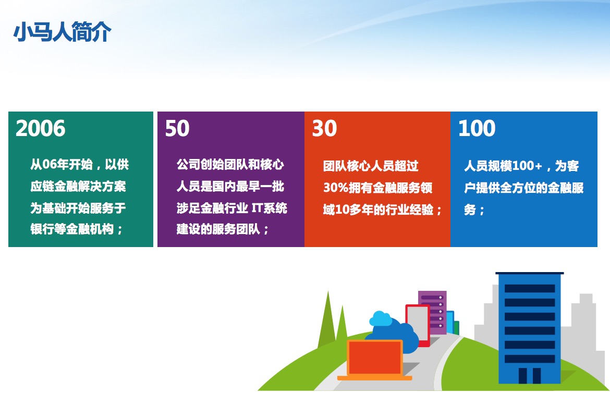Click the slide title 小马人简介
(x=62, y=31)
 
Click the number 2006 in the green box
(x=41, y=128)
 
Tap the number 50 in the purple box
(x=177, y=128)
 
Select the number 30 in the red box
(x=324, y=128)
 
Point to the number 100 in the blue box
(x=477, y=128)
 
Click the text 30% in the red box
(x=335, y=188)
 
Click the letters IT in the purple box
(x=257, y=208)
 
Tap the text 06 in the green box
(x=49, y=164)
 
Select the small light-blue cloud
(x=381, y=318)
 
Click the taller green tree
(x=327, y=320)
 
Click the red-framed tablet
(x=418, y=325)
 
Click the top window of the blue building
(x=530, y=288)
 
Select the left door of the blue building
(x=523, y=376)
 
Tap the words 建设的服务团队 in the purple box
(x=218, y=229)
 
